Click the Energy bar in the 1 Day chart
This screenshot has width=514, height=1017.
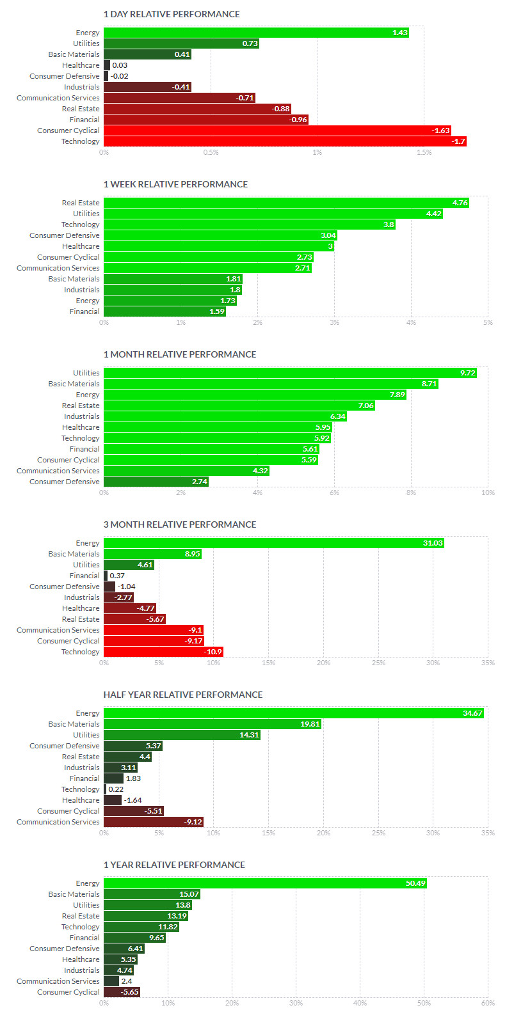point(256,33)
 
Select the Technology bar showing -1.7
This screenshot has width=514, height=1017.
point(285,141)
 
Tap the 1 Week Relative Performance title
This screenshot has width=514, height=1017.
point(175,184)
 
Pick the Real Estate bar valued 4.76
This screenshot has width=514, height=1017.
point(286,203)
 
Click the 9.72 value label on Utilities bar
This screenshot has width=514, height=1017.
point(467,373)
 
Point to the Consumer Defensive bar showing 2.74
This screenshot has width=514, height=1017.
point(156,482)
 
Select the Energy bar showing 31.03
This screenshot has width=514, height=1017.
point(274,543)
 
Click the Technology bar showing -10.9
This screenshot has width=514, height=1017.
point(163,652)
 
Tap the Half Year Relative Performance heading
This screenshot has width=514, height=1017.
point(183,695)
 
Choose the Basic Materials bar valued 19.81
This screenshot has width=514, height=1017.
point(213,724)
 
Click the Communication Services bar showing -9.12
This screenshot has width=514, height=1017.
point(154,822)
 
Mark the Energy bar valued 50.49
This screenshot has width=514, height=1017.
point(265,883)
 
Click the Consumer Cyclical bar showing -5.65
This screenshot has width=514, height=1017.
point(122,992)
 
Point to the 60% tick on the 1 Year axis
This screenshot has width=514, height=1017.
point(488,1003)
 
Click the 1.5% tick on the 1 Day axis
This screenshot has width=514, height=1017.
point(424,152)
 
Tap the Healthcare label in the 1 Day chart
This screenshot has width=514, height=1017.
point(81,65)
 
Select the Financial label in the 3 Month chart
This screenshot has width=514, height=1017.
point(84,576)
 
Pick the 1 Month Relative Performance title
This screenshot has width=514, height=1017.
point(180,354)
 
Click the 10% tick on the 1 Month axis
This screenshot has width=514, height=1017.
point(488,493)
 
